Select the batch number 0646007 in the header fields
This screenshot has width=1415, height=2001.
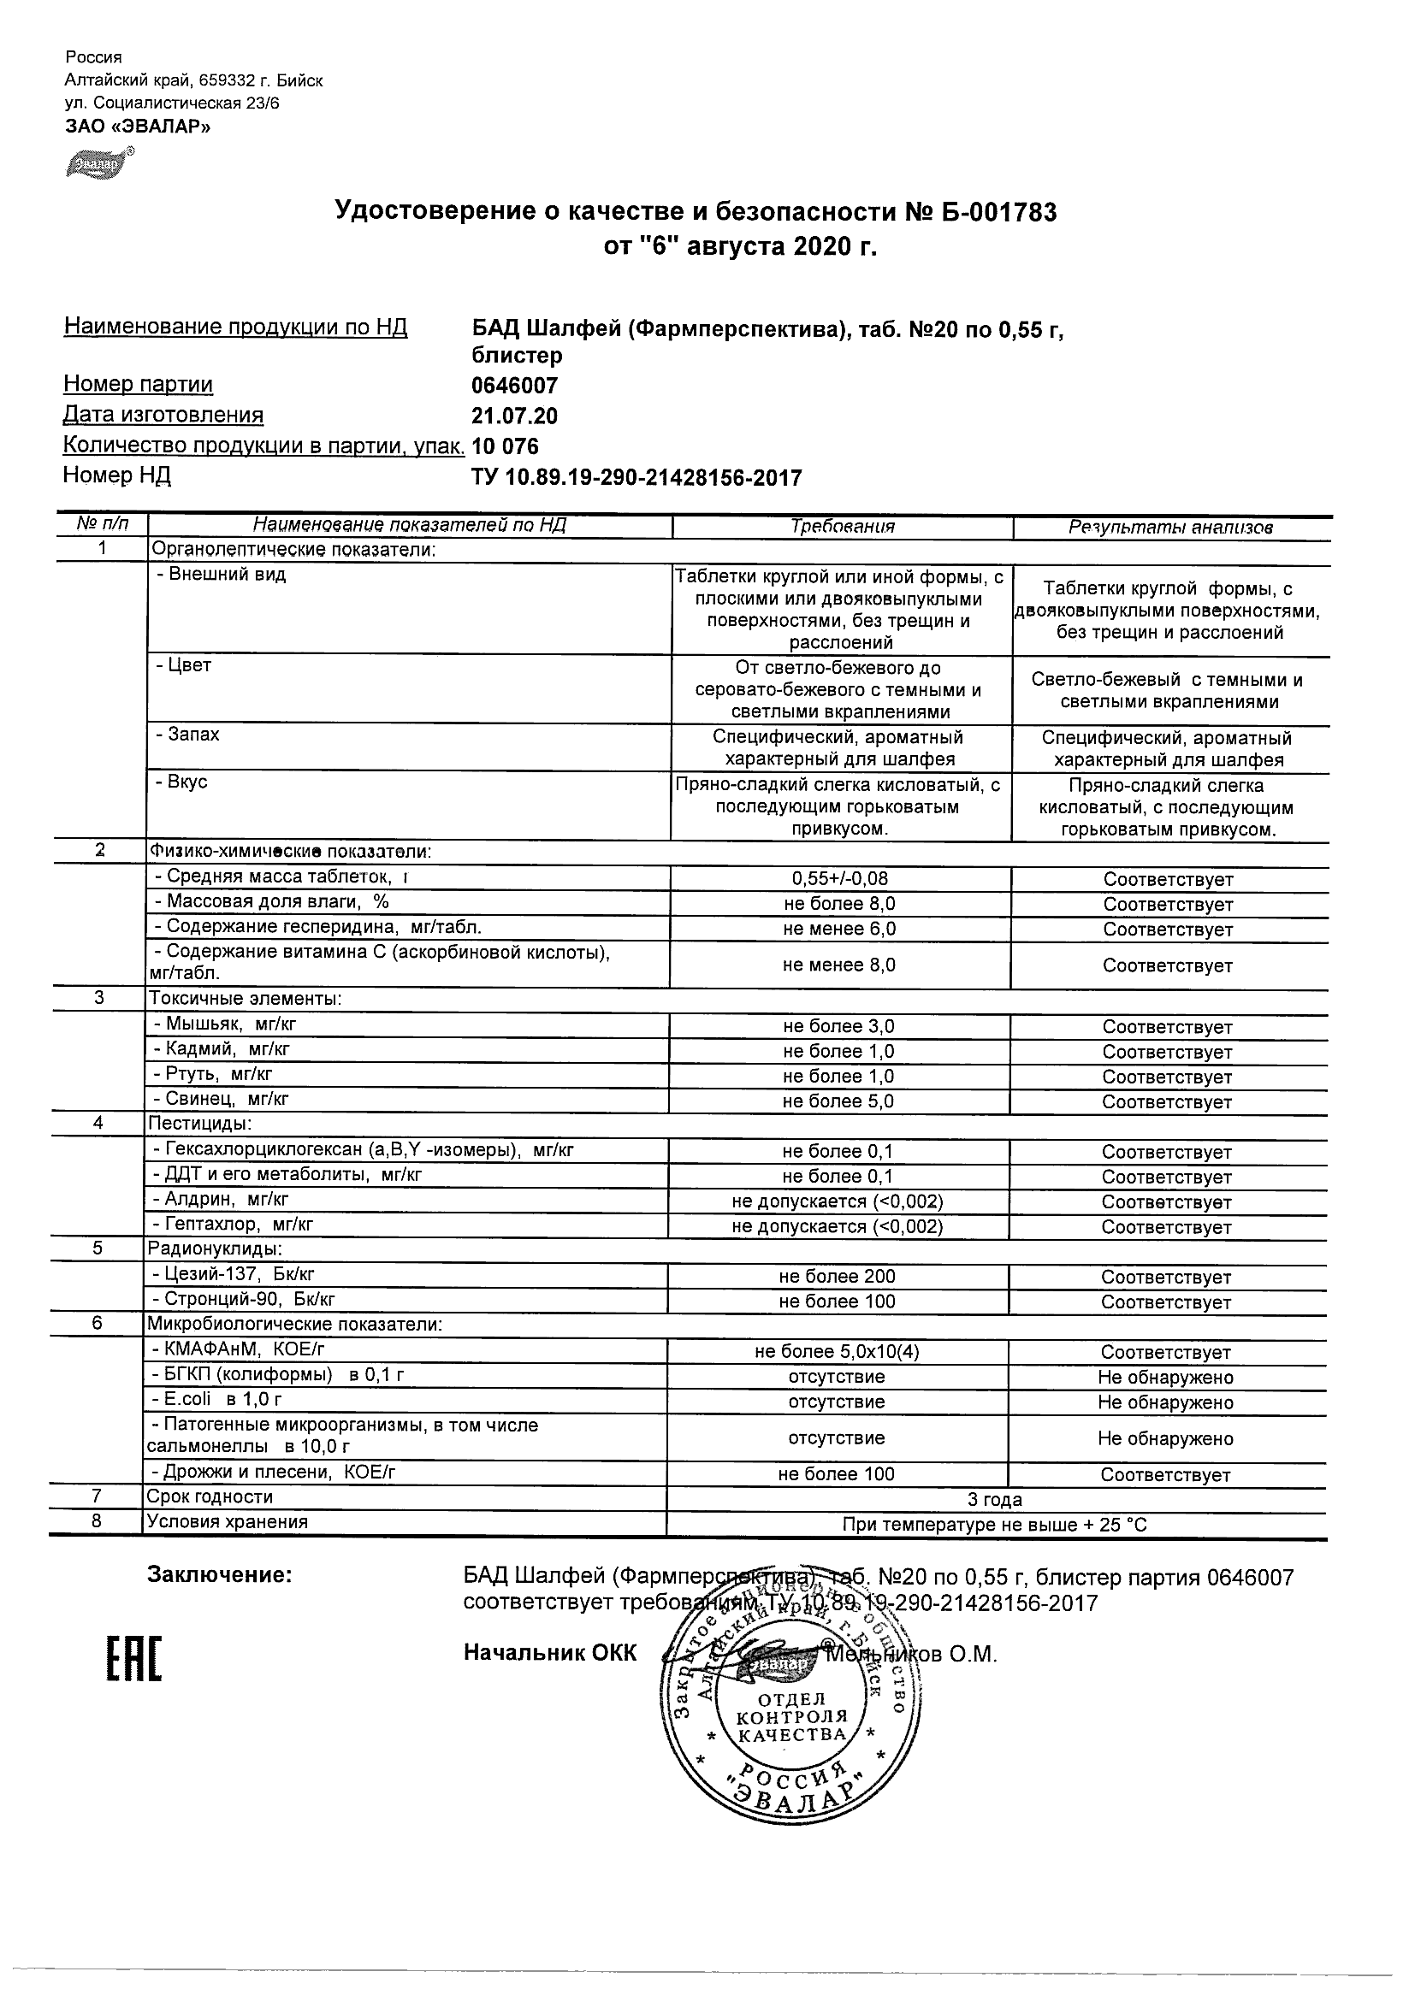[514, 385]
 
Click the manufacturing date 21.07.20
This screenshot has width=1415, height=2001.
[514, 416]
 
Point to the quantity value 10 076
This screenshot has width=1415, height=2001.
[505, 446]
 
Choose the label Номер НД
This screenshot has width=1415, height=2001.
[117, 475]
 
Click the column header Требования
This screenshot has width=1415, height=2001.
[842, 527]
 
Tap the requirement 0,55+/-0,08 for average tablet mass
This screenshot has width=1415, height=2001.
[839, 879]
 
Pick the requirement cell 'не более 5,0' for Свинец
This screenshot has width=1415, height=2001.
[838, 1101]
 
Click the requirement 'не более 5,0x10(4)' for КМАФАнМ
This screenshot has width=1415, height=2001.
[837, 1352]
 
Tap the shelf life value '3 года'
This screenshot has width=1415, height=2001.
[994, 1500]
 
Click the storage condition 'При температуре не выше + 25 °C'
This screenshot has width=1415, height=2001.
[994, 1526]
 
